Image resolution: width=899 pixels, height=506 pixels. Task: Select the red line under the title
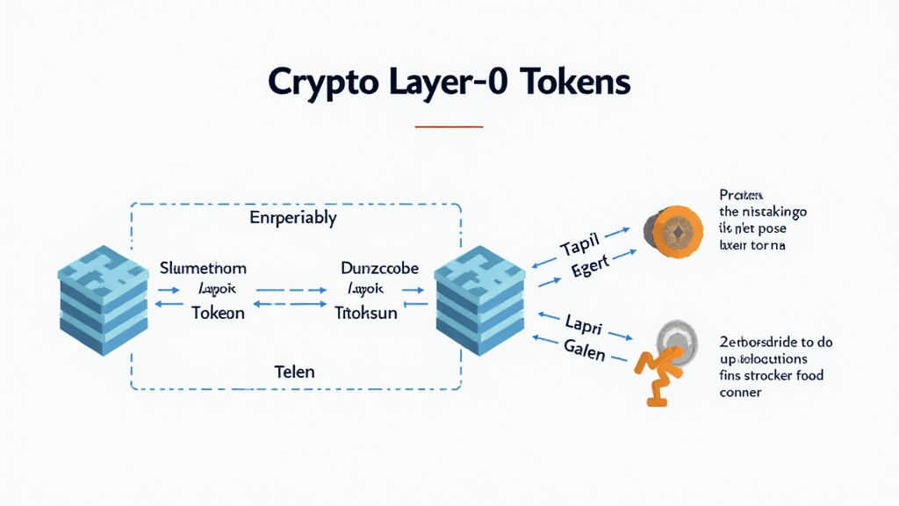point(449,126)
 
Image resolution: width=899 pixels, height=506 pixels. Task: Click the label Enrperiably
point(294,217)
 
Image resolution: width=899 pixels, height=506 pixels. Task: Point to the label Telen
point(294,372)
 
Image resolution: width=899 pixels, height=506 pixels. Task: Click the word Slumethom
point(204,267)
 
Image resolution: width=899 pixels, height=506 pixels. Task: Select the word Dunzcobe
point(379,267)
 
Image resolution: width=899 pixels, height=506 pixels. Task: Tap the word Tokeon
point(218,312)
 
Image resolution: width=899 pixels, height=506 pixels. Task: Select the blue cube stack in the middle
point(479,300)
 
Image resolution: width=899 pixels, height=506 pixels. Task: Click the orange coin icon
point(676,232)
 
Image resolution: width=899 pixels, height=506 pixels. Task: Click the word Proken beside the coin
point(740,195)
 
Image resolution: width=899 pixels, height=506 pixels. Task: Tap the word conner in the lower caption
point(739,393)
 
